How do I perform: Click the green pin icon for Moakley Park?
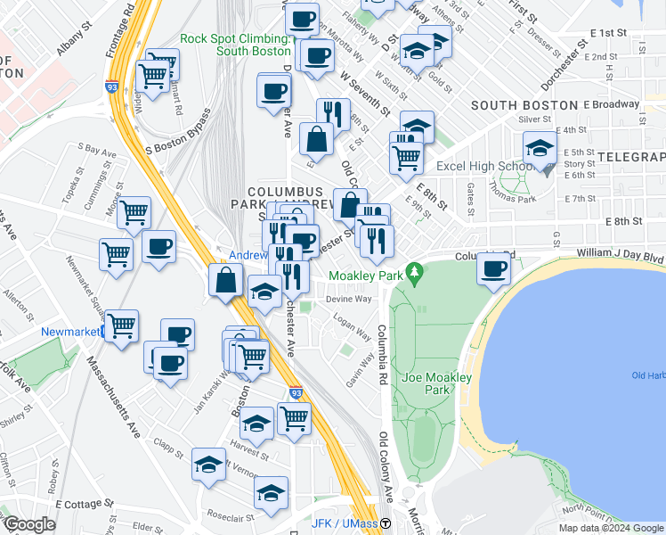(x=413, y=272)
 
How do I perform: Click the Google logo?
(x=29, y=524)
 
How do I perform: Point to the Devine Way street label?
(x=348, y=300)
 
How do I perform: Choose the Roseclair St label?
(x=230, y=515)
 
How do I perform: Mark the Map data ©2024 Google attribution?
(x=610, y=528)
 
